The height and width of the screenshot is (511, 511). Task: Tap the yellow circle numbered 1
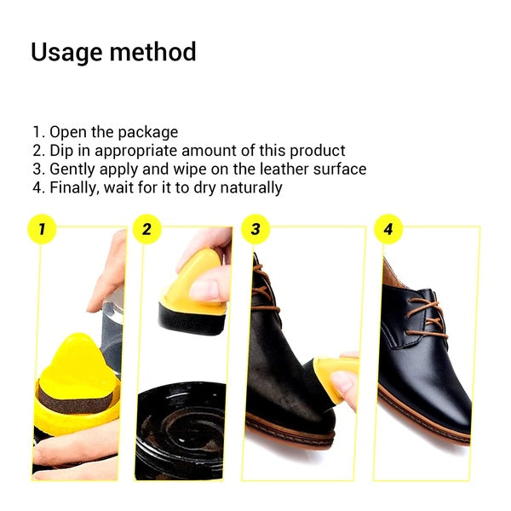point(42,228)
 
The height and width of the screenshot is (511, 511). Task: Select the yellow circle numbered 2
point(147,228)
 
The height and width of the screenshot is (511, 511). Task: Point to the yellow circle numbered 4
point(388,228)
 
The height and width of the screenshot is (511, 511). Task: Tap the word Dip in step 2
point(63,151)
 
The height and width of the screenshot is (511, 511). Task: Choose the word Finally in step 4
point(74,187)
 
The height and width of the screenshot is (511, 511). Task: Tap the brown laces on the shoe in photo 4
point(425,315)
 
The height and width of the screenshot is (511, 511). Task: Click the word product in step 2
point(314,151)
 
